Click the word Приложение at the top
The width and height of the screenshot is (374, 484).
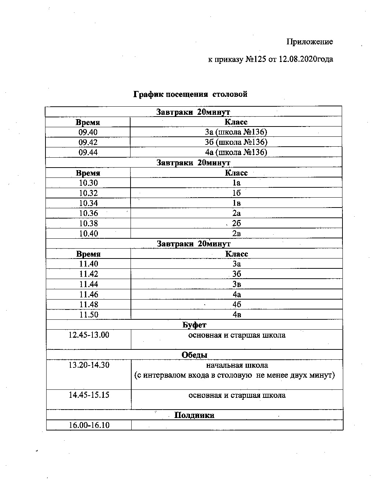tap(309, 42)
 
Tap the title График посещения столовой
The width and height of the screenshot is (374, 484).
tap(190, 94)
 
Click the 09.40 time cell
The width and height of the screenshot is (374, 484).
tap(88, 132)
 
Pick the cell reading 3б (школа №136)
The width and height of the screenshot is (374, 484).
tap(236, 142)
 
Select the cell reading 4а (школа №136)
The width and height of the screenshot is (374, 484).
tap(236, 152)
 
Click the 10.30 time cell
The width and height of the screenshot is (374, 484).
tap(88, 183)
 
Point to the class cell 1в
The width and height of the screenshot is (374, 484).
tap(236, 203)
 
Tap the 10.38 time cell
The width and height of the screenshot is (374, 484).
tap(88, 223)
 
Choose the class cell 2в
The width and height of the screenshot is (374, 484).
tap(236, 234)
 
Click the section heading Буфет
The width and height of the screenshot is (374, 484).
tap(194, 325)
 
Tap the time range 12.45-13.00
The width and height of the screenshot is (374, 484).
tap(89, 335)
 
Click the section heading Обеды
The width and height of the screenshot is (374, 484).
tap(194, 355)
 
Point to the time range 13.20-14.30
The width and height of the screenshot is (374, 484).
tap(89, 365)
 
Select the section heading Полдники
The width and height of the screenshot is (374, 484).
tap(194, 415)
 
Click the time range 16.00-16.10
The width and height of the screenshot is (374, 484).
tap(89, 425)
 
